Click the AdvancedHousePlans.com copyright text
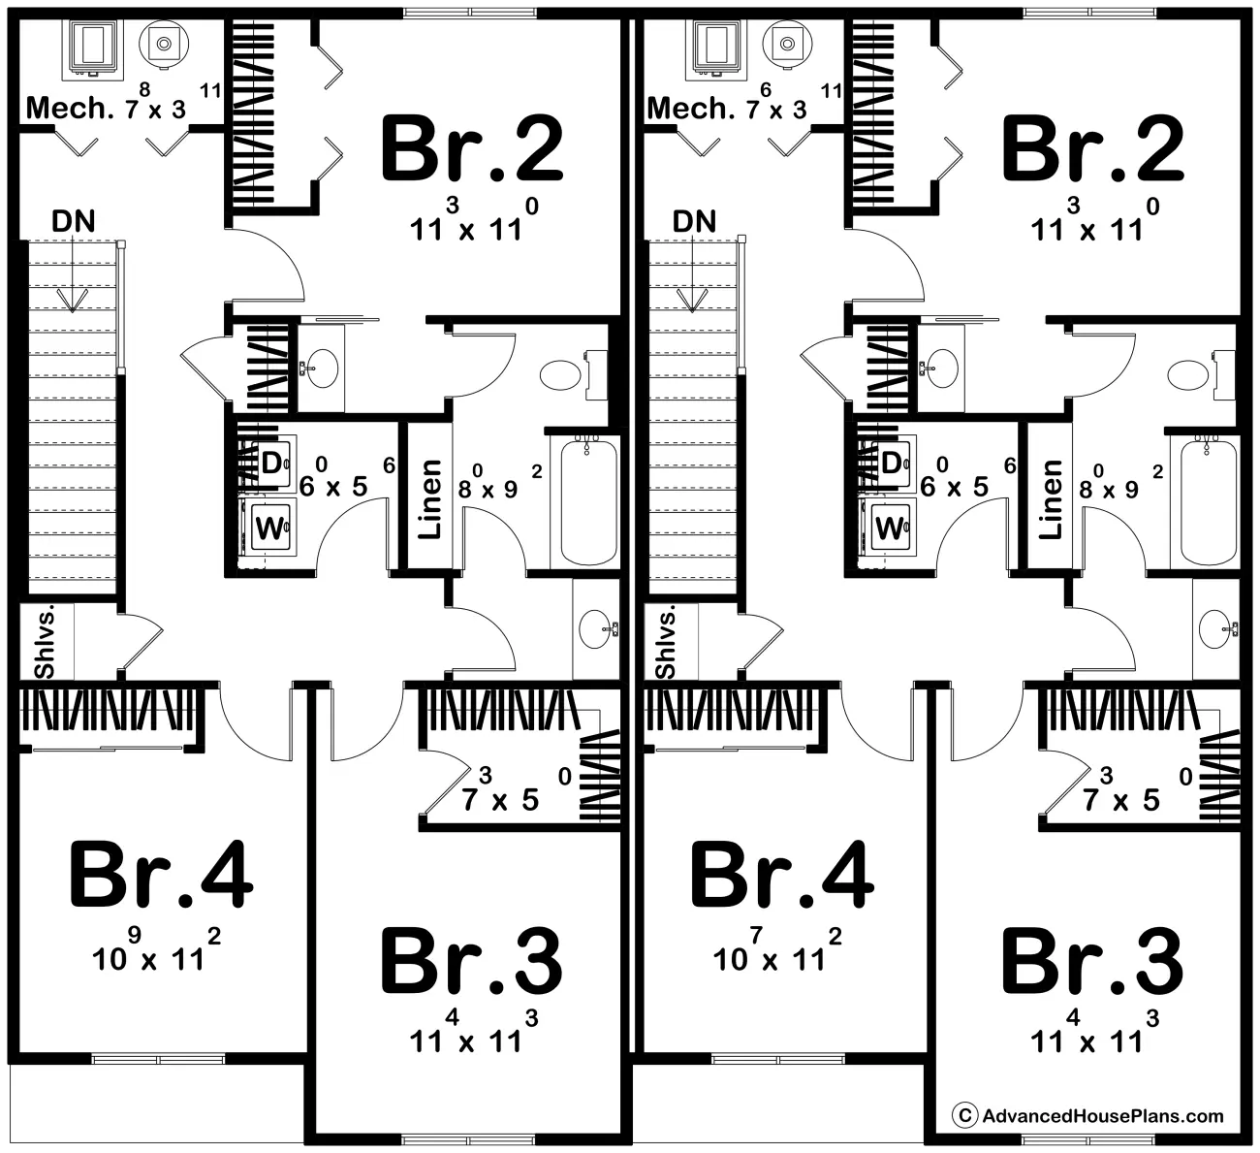tap(1088, 1116)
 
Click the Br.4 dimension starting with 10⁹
tap(156, 950)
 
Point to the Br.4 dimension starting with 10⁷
tap(777, 950)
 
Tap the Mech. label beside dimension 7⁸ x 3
tap(70, 109)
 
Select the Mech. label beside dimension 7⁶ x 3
tap(690, 109)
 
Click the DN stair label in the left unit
tap(74, 221)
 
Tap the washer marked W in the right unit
tap(892, 527)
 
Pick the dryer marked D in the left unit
tap(274, 464)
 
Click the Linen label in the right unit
tap(1051, 499)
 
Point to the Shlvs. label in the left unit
tap(45, 642)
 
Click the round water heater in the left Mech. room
tap(164, 44)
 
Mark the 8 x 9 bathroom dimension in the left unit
tap(500, 481)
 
